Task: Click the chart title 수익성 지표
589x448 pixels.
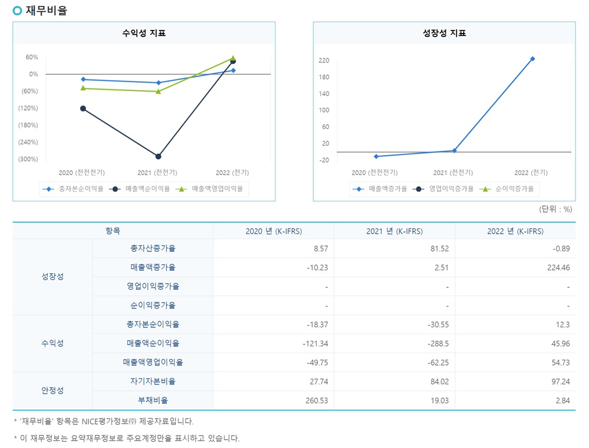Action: point(144,34)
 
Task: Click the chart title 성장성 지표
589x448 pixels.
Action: point(444,34)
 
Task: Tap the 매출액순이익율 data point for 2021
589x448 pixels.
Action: point(158,156)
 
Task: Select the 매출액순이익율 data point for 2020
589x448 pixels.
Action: point(83,108)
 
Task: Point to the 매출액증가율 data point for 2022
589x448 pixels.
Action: point(532,59)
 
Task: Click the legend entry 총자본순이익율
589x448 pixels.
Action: point(74,189)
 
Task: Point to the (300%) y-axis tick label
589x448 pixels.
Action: point(28,159)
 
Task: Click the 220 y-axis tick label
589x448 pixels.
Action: point(323,61)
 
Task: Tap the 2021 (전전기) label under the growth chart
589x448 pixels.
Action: point(452,172)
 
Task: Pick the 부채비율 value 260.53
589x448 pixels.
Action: point(316,400)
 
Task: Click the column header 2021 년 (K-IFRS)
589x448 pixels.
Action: point(394,231)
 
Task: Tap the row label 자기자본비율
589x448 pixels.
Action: point(153,381)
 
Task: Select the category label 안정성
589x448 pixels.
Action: point(52,391)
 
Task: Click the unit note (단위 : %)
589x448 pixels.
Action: point(555,209)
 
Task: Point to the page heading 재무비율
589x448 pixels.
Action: point(47,11)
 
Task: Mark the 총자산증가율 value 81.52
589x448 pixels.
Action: point(438,248)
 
